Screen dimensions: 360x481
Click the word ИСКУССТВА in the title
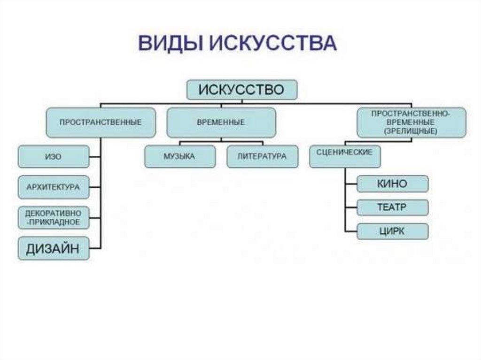pyautogui.click(x=272, y=43)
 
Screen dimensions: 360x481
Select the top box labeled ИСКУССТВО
pyautogui.click(x=241, y=90)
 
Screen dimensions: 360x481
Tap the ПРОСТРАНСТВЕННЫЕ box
pyautogui.click(x=101, y=122)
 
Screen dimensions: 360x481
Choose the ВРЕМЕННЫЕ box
pyautogui.click(x=221, y=122)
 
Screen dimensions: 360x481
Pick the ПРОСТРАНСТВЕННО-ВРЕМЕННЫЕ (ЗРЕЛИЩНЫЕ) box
pyautogui.click(x=411, y=122)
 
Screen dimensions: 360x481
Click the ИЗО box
pyautogui.click(x=54, y=157)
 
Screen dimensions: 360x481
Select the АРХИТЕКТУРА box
pyautogui.click(x=54, y=187)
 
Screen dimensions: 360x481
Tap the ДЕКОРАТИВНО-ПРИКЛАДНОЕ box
pyautogui.click(x=54, y=217)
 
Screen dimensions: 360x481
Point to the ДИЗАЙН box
pyautogui.click(x=54, y=248)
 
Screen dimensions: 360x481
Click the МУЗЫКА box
pyautogui.click(x=180, y=156)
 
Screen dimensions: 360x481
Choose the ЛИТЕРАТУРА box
pyautogui.click(x=262, y=156)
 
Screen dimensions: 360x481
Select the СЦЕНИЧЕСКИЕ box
pyautogui.click(x=345, y=156)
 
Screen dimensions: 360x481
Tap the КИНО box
pyautogui.click(x=392, y=184)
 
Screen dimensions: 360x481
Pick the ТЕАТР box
pyautogui.click(x=392, y=207)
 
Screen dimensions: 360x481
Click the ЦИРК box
pyautogui.click(x=392, y=231)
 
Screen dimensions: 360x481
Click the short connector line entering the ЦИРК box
pyautogui.click(x=351, y=231)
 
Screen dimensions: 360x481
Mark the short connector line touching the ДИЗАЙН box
pyautogui.click(x=95, y=248)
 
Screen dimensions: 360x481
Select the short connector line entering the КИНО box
pyautogui.click(x=351, y=184)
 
